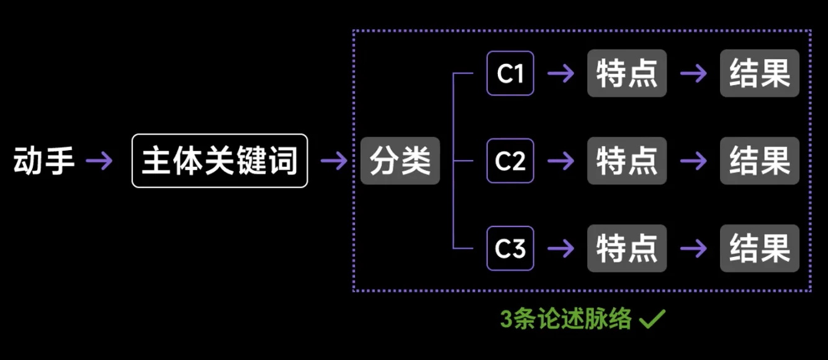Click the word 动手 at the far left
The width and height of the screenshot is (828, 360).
pos(44,161)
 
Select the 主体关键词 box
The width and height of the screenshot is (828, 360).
pos(220,161)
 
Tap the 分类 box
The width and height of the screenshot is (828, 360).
pos(400,161)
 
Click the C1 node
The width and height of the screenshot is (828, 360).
pos(510,74)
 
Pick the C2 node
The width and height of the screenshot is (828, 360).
pos(510,161)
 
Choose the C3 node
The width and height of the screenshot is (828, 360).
pos(510,248)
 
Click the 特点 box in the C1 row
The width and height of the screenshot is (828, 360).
pos(627,74)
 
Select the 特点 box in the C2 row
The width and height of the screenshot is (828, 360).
pos(627,161)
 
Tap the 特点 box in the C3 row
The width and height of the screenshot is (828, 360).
pos(627,248)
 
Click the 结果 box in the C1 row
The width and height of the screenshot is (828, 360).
pos(759,74)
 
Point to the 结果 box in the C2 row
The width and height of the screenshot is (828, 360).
pos(759,161)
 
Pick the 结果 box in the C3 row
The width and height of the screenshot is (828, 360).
pos(759,248)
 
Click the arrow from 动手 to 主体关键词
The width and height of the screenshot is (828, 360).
pos(99,161)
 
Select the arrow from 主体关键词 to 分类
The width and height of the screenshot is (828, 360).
pos(334,161)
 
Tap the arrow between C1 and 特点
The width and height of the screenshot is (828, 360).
pos(560,74)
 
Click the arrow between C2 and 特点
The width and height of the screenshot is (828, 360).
pos(560,161)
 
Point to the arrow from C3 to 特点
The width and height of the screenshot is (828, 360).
pos(560,248)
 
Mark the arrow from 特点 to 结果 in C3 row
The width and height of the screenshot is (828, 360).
pos(693,248)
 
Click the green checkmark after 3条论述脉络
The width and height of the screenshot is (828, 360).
pos(652,319)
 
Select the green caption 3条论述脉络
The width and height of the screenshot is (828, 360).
pos(566,320)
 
